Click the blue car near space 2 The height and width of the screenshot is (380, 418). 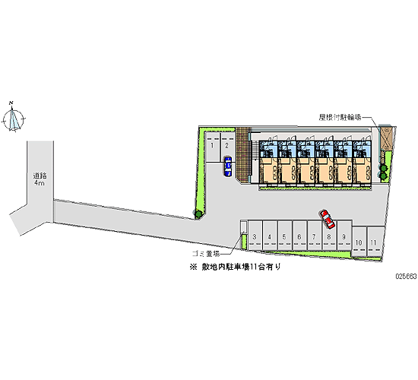coord(228,166)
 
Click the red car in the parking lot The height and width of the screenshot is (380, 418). coord(328,219)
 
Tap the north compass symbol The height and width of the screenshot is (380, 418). coord(14,117)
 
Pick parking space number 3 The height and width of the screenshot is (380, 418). coord(255,235)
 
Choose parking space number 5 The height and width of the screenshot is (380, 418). coord(284,235)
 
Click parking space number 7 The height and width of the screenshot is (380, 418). coord(315,235)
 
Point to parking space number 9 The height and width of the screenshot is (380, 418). coord(344,235)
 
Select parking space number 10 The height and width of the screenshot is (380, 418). coord(359,242)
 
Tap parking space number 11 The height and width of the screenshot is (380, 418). coord(374,242)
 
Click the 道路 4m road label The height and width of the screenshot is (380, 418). coord(40,179)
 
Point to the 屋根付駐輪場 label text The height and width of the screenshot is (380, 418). coord(340,117)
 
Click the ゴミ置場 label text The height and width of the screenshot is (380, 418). coord(206,254)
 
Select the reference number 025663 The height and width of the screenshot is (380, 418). coord(406,277)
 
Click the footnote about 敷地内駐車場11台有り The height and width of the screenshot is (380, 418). coord(236,267)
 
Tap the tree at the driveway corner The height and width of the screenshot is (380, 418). coord(198,214)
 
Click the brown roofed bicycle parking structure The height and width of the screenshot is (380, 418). coord(385,138)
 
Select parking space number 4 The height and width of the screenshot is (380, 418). coord(270,235)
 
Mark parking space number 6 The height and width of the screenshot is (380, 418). coord(299,235)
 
